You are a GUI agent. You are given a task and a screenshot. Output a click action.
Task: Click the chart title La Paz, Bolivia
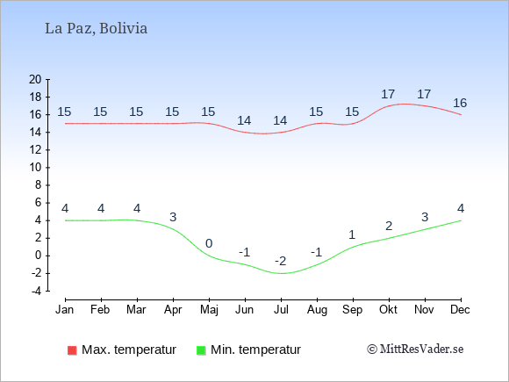click(x=96, y=29)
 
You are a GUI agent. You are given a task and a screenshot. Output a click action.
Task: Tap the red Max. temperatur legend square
click(x=72, y=350)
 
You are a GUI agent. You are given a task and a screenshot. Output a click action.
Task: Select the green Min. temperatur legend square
click(x=201, y=350)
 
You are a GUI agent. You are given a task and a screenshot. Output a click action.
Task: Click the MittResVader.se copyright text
click(x=415, y=350)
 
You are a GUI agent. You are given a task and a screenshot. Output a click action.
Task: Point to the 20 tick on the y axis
click(x=35, y=79)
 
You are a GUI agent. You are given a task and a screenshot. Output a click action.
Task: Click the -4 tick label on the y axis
click(x=36, y=291)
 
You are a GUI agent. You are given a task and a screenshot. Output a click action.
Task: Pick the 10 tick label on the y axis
click(x=35, y=168)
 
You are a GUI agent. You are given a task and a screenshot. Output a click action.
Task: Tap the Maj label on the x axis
click(x=209, y=310)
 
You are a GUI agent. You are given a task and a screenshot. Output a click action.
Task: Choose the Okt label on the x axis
click(x=388, y=310)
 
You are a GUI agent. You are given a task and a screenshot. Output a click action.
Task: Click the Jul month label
click(x=281, y=310)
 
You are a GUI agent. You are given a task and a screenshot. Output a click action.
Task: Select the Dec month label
click(x=460, y=310)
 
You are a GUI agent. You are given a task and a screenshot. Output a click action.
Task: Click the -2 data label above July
click(x=281, y=261)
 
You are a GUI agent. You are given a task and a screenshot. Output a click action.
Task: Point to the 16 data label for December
click(x=460, y=103)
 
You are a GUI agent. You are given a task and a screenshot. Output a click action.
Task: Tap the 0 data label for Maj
click(x=209, y=243)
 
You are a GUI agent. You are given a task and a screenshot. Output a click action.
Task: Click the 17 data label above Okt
click(x=388, y=94)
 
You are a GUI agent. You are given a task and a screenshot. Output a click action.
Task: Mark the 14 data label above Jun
click(x=244, y=121)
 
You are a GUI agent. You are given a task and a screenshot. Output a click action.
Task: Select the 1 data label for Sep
click(x=352, y=234)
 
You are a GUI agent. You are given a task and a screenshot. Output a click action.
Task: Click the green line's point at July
click(x=281, y=273)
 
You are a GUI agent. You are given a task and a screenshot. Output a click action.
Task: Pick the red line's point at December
click(x=461, y=115)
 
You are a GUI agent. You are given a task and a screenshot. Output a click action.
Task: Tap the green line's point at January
click(x=66, y=220)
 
